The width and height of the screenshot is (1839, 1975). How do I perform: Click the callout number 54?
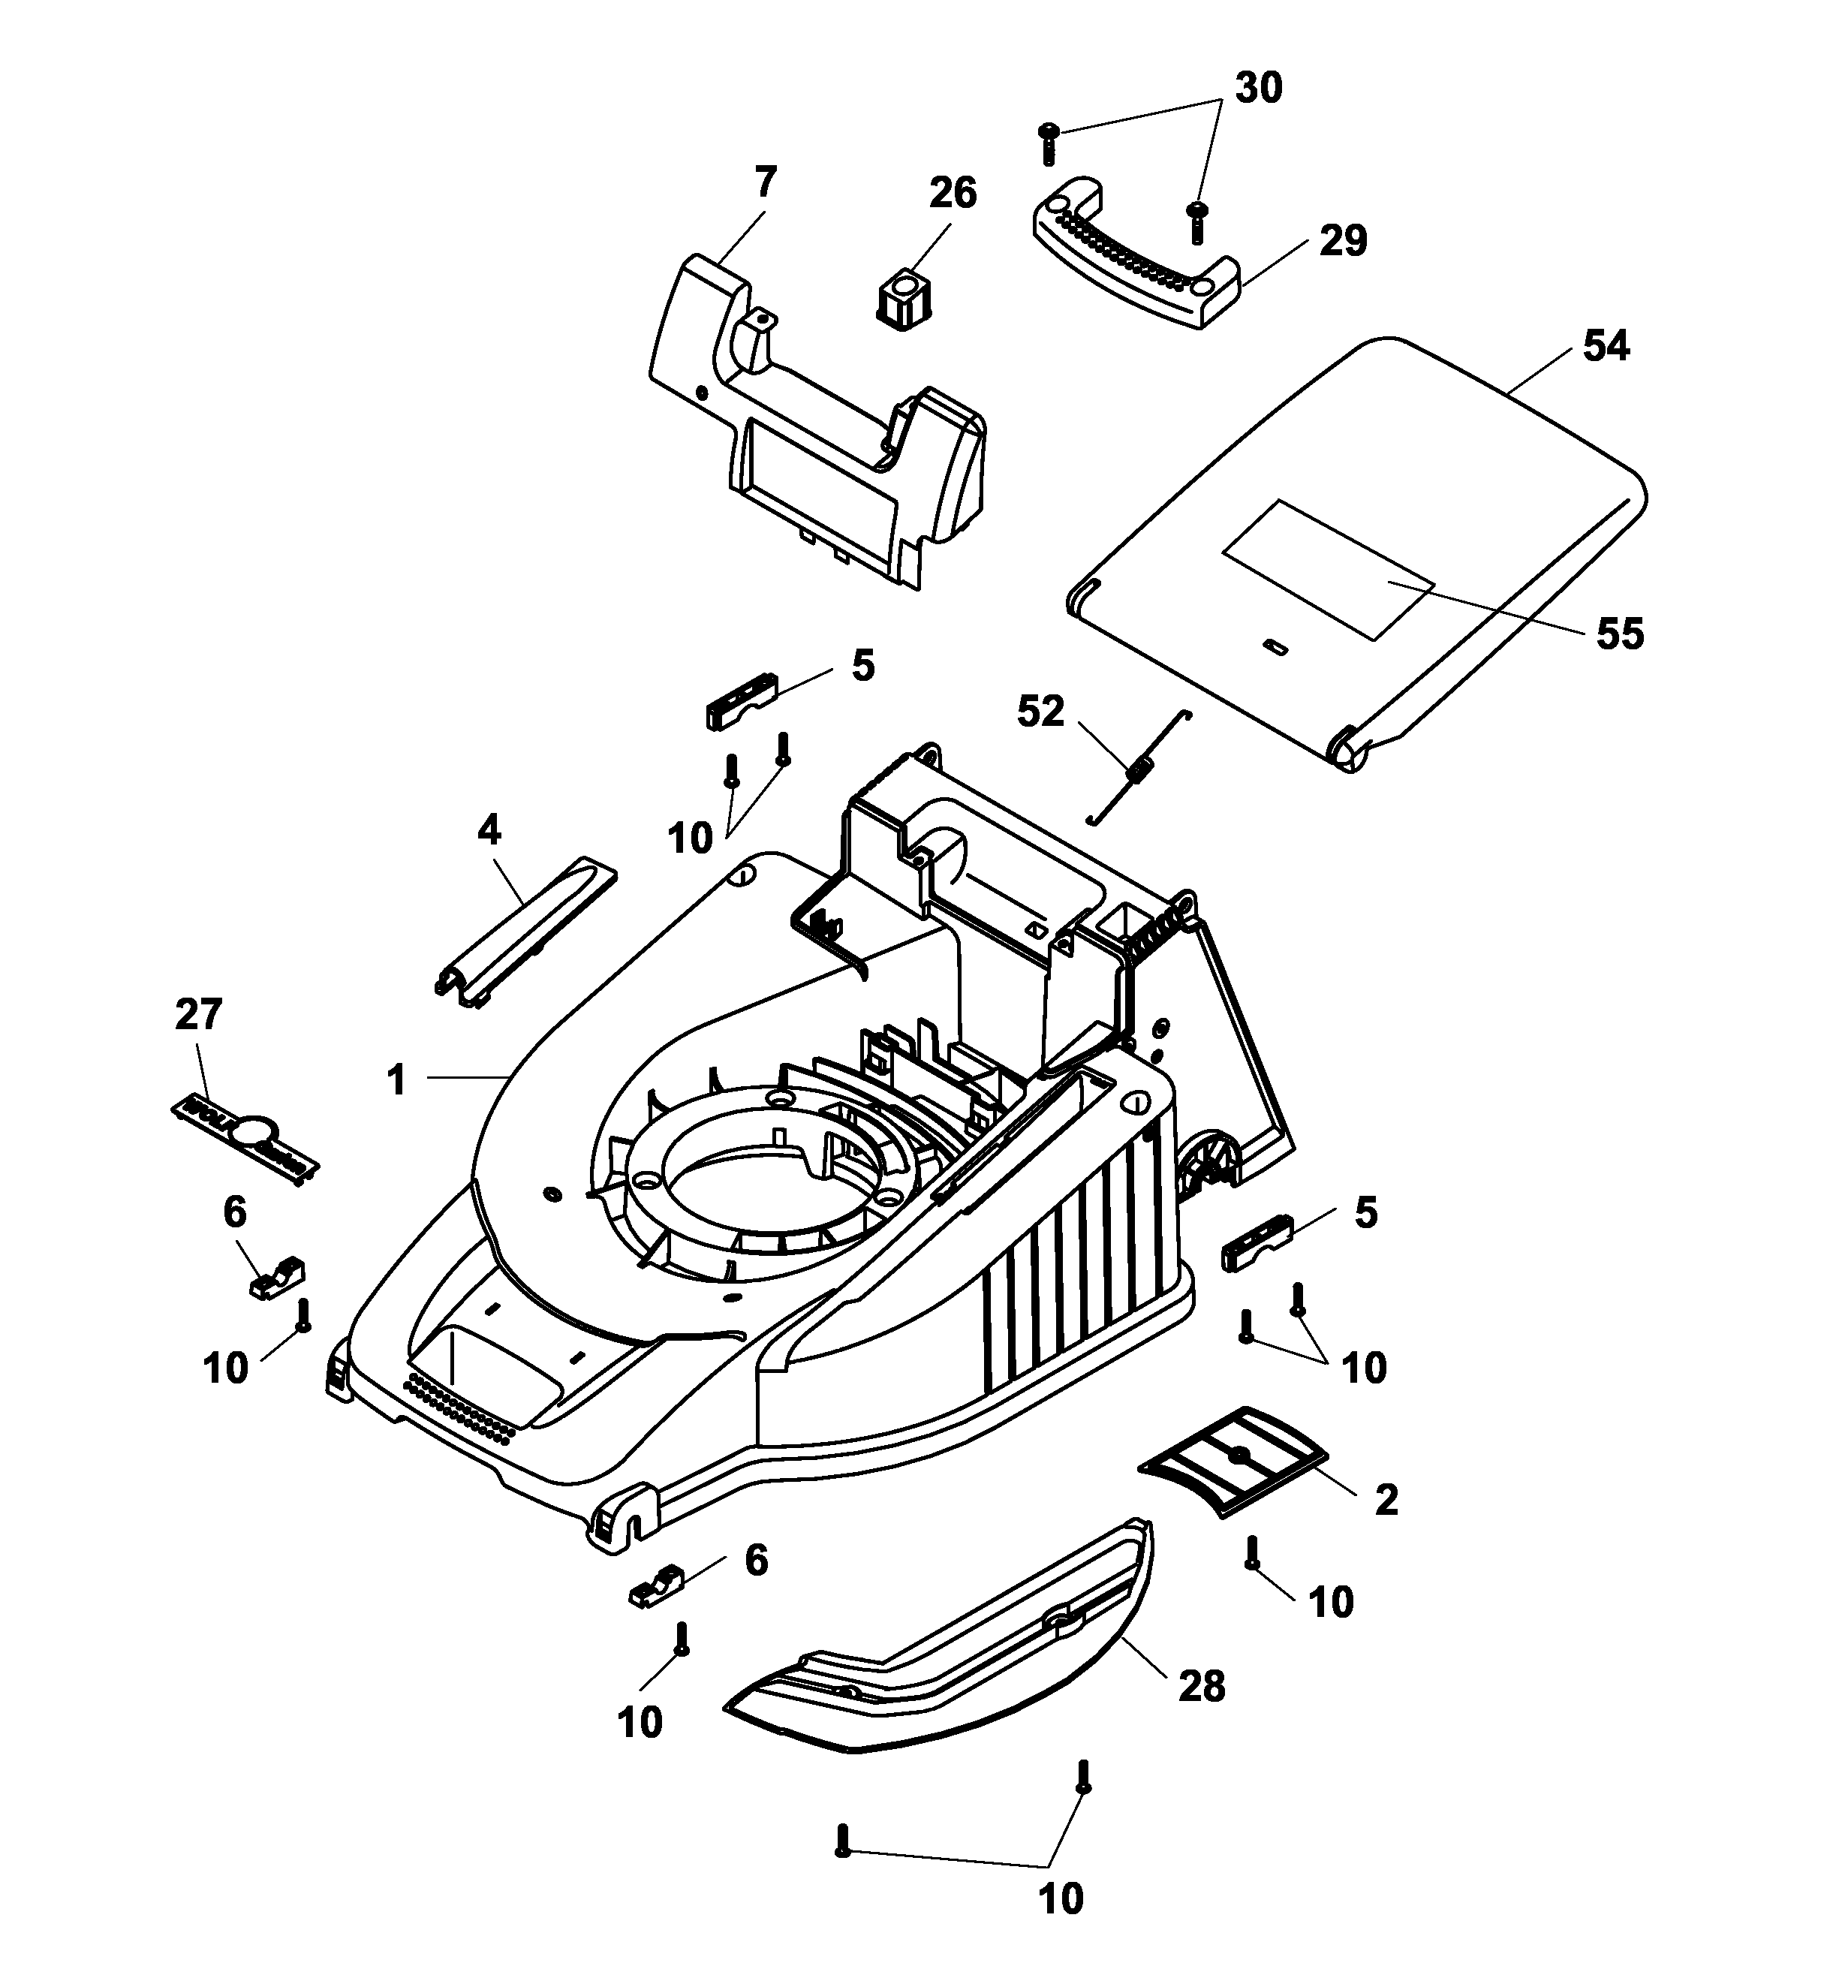(x=1606, y=347)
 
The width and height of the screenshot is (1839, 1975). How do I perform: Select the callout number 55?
(x=1619, y=633)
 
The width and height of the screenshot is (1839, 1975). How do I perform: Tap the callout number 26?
(x=952, y=193)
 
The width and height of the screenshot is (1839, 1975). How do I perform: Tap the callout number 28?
(x=1201, y=1685)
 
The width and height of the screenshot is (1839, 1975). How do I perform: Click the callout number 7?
(x=765, y=183)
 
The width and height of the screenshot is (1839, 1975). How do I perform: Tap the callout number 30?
(x=1258, y=89)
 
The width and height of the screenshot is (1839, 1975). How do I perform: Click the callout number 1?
(x=396, y=1079)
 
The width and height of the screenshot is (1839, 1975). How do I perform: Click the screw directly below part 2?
(x=1252, y=1554)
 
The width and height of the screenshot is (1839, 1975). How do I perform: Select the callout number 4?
(x=489, y=829)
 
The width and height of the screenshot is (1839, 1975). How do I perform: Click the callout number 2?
(x=1386, y=1499)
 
